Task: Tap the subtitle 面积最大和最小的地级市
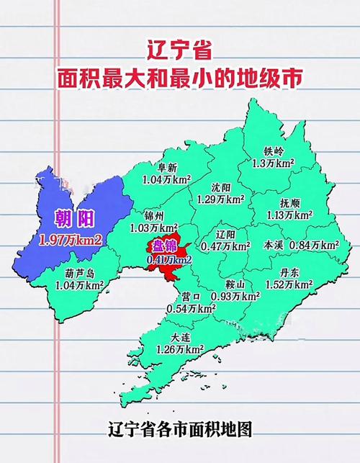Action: click(x=180, y=78)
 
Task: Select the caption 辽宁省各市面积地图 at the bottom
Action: click(x=180, y=429)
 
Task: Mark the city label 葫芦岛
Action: click(x=80, y=274)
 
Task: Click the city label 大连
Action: click(x=182, y=338)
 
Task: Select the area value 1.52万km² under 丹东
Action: click(x=300, y=285)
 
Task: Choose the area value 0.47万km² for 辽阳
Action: click(x=225, y=246)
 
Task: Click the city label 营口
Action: click(x=192, y=296)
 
